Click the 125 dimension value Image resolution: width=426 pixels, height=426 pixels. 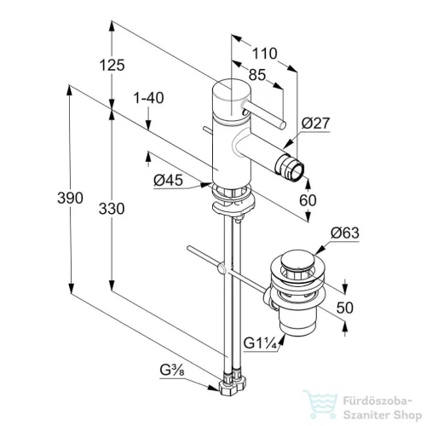[112, 65]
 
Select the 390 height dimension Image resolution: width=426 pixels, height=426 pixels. [70, 198]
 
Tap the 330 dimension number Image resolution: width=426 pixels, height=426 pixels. [112, 209]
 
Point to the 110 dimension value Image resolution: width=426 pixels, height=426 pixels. [264, 54]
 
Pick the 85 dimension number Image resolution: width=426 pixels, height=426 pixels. [257, 75]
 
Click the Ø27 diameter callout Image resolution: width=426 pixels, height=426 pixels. [315, 123]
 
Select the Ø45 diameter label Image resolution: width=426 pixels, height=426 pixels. [168, 180]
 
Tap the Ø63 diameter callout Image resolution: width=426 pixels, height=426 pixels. [345, 233]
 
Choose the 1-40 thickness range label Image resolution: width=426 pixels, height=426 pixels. [148, 98]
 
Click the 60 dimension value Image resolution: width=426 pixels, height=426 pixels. [308, 200]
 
